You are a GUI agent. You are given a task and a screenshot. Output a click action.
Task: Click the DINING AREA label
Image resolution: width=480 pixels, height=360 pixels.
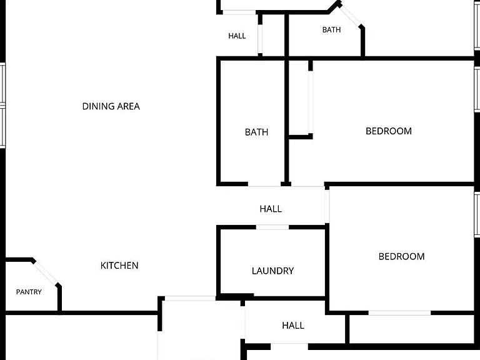111,106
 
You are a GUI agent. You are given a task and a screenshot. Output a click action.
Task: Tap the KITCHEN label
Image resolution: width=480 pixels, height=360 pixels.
119,266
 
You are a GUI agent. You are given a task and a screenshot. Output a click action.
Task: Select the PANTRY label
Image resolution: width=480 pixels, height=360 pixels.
29,292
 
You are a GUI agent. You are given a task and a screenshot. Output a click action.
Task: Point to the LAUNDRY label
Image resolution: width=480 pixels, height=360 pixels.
272,271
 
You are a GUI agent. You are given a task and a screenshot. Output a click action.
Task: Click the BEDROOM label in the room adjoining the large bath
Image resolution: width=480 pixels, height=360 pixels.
389,131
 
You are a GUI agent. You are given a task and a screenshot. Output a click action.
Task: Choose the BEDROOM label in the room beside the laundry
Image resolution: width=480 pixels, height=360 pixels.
402,256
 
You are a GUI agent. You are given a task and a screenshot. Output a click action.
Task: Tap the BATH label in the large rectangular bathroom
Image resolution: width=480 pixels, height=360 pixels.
256,132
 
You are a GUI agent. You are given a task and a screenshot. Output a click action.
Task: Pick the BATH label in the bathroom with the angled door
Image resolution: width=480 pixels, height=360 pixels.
331,30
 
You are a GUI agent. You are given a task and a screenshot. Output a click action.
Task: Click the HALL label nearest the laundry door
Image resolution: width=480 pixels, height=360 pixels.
271,209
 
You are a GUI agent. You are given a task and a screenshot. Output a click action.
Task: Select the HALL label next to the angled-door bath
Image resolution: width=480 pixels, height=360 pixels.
237,36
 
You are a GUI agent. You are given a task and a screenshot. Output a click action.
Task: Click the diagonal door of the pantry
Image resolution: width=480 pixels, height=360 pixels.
46,272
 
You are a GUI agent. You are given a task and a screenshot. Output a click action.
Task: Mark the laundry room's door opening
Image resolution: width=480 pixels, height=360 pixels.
272,227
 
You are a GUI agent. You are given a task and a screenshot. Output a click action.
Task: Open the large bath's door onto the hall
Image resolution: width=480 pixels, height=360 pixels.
264,184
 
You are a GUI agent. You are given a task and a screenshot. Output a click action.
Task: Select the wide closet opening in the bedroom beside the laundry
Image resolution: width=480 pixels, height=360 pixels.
399,313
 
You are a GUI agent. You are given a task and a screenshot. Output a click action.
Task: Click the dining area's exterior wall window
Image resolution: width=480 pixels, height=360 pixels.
2,105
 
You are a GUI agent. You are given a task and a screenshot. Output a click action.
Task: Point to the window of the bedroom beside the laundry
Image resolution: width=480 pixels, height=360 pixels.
477,214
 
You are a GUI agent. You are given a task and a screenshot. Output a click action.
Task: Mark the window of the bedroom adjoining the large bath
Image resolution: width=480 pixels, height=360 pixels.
477,89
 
